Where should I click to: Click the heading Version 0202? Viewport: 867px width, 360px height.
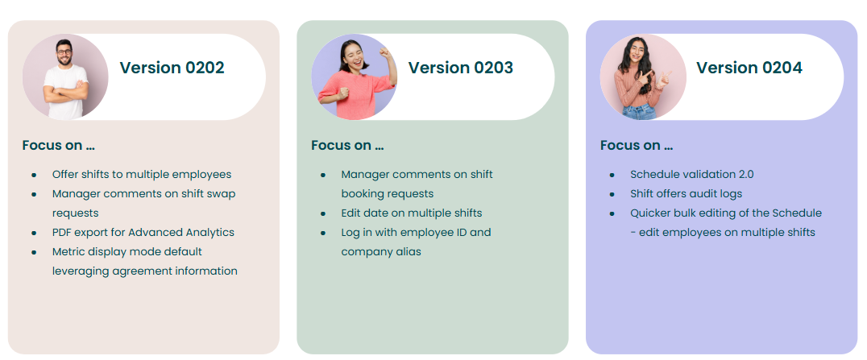point(172,68)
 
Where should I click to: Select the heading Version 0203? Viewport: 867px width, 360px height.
point(461,68)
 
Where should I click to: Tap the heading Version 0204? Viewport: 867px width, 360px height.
point(749,68)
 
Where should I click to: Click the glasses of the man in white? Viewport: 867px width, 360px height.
point(64,52)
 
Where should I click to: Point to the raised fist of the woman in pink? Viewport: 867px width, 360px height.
point(385,53)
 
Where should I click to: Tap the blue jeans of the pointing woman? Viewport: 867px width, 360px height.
point(639,112)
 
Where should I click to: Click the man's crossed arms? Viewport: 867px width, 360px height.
point(66,92)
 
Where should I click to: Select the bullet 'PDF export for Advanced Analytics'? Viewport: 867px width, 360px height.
point(143,232)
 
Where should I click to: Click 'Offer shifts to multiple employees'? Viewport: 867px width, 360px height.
point(142,174)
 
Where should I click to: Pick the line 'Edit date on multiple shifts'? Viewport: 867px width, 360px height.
point(412,213)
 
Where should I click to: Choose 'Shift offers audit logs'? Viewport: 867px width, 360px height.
point(687,193)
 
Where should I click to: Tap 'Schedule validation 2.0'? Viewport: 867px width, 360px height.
point(691,174)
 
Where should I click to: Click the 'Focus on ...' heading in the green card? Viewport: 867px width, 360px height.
point(347,146)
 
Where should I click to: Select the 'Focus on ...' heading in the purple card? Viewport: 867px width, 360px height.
point(637,146)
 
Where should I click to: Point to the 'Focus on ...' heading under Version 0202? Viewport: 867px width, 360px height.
point(59,146)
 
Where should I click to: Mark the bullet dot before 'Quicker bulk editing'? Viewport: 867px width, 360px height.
point(612,213)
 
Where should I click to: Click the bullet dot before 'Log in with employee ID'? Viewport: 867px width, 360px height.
point(323,233)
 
